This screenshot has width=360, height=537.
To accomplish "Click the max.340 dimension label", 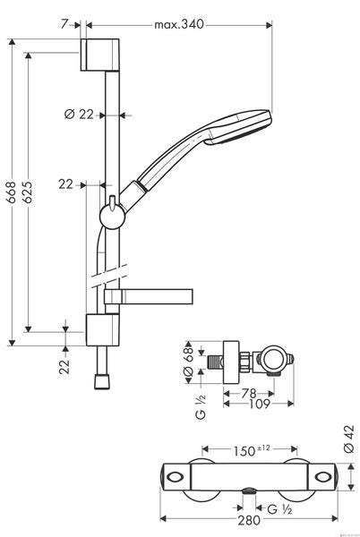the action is [179, 25].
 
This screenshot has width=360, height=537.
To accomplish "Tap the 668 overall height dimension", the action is [12, 192].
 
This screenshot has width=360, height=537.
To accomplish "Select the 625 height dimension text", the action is [28, 192].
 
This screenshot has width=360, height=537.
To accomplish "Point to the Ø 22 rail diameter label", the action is [79, 114].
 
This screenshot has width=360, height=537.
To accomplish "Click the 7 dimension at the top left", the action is [64, 24].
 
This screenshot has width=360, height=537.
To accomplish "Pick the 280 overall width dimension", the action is [249, 520].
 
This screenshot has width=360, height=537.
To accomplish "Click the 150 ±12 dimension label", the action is [252, 450].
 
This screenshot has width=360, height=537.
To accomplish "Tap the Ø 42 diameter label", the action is [349, 439].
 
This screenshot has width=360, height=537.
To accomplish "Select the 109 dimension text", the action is [260, 405].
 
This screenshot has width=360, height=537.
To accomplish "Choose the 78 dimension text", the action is [249, 394].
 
